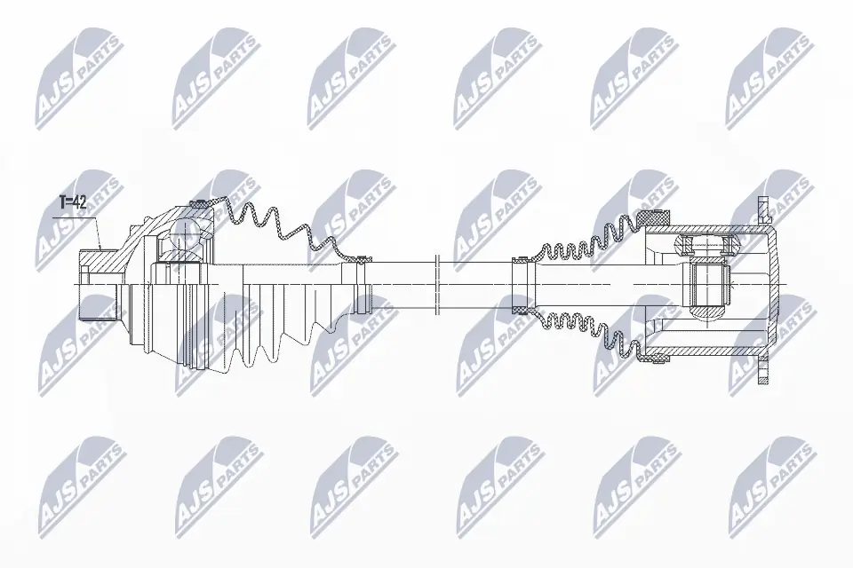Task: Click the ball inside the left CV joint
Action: [185, 234]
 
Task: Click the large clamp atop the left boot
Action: [201, 204]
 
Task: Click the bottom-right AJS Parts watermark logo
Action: [768, 484]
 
